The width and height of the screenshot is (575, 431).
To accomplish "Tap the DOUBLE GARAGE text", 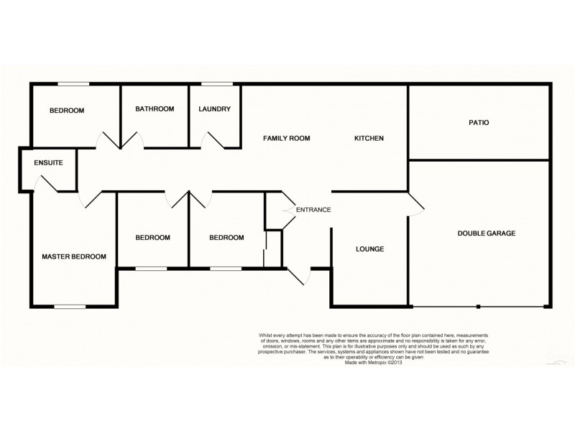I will pyautogui.click(x=487, y=233).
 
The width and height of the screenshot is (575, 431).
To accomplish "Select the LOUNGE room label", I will pyautogui.click(x=369, y=249).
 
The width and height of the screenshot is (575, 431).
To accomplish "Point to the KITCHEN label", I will pyautogui.click(x=369, y=138).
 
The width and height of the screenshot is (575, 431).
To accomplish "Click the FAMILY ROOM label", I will pyautogui.click(x=286, y=138).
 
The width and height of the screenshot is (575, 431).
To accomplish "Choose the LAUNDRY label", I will pyautogui.click(x=214, y=109).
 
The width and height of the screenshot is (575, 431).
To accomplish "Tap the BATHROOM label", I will pyautogui.click(x=155, y=109).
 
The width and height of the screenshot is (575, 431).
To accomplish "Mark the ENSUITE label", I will pyautogui.click(x=48, y=163).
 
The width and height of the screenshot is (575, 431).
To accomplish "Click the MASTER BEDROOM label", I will pyautogui.click(x=74, y=256).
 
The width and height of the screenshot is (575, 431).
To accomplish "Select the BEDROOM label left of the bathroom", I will pyautogui.click(x=67, y=111).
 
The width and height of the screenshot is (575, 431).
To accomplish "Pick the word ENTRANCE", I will pyautogui.click(x=313, y=210).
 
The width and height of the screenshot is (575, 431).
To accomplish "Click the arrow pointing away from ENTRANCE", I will pyautogui.click(x=290, y=210).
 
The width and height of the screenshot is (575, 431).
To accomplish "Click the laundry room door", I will pyautogui.click(x=214, y=140).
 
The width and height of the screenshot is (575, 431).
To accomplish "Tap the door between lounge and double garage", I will pyautogui.click(x=416, y=204).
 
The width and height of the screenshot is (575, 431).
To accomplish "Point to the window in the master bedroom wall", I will pyautogui.click(x=70, y=307).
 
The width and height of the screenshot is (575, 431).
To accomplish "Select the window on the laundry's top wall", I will pyautogui.click(x=216, y=84).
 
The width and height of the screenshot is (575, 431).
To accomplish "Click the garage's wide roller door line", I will pyautogui.click(x=478, y=307).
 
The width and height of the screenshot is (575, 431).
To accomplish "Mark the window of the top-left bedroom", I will pyautogui.click(x=73, y=84).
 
